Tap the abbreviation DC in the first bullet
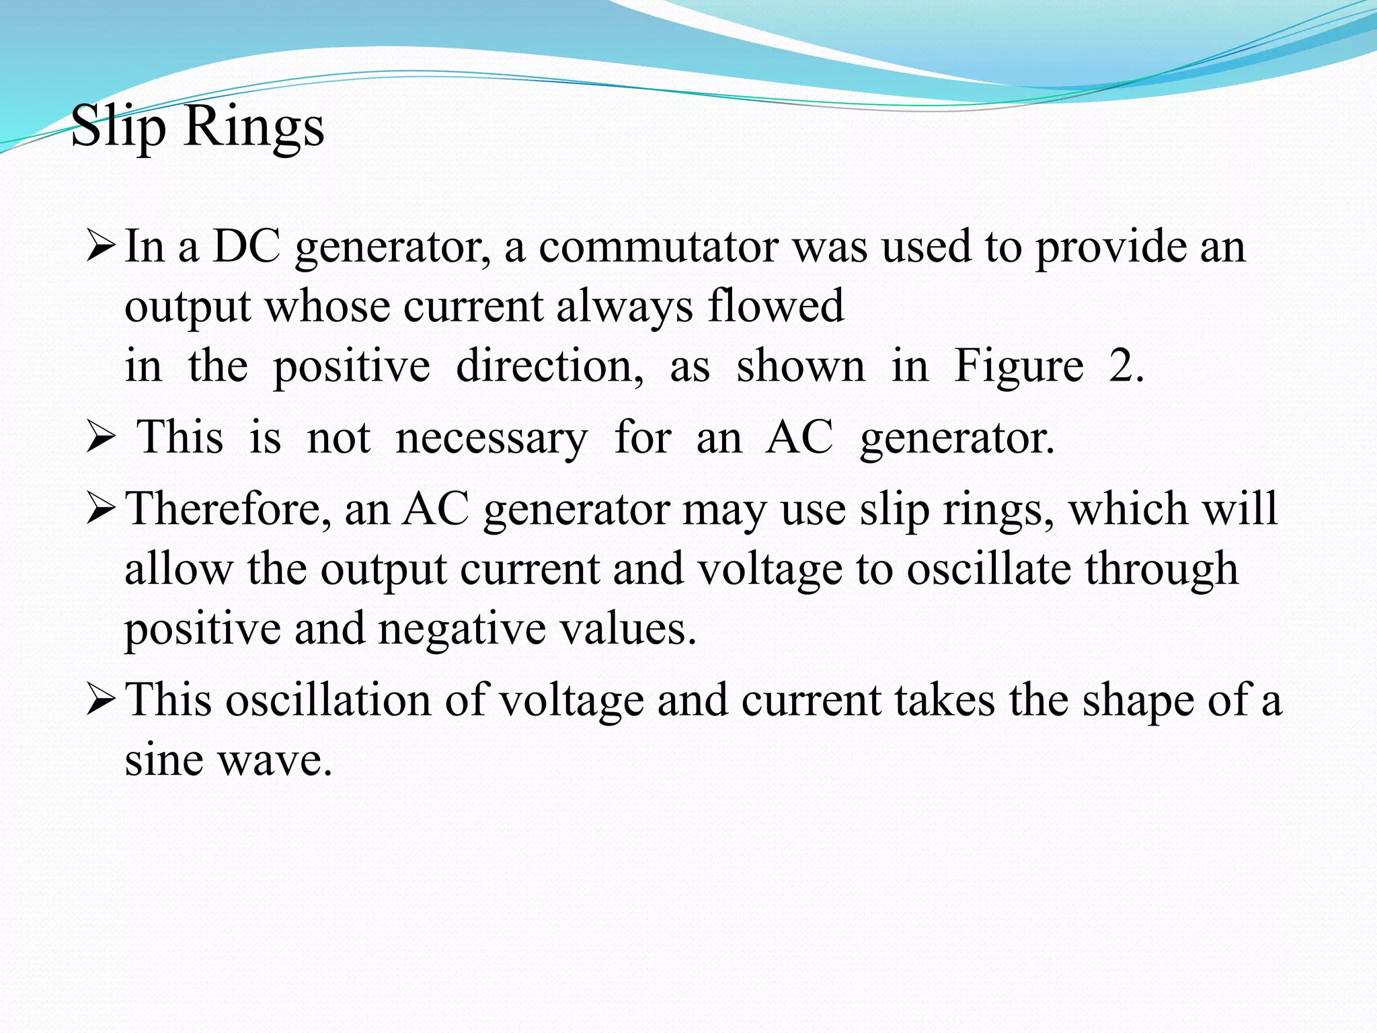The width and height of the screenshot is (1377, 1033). click(246, 246)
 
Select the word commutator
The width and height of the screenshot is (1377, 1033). click(658, 246)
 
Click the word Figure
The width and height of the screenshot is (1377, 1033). click(1019, 367)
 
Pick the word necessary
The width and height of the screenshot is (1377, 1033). click(491, 438)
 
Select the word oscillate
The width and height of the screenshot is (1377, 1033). click(988, 569)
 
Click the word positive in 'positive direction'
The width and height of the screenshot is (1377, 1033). click(351, 367)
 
